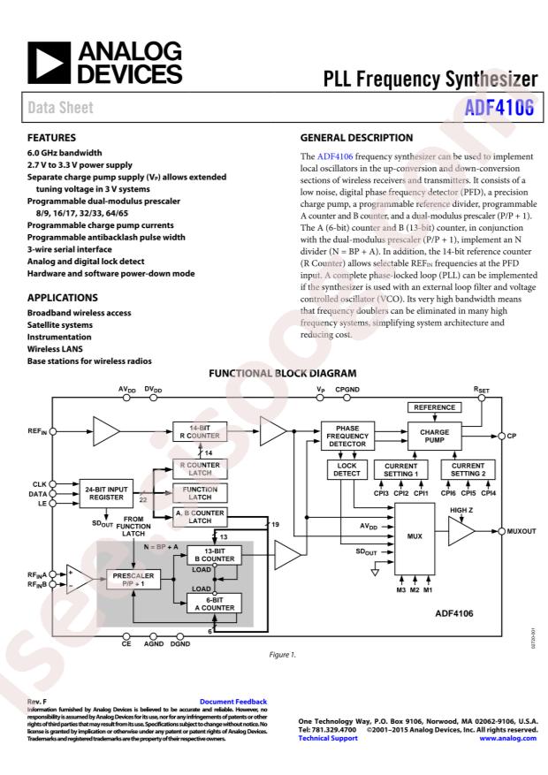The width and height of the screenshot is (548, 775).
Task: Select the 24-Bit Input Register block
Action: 108,492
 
